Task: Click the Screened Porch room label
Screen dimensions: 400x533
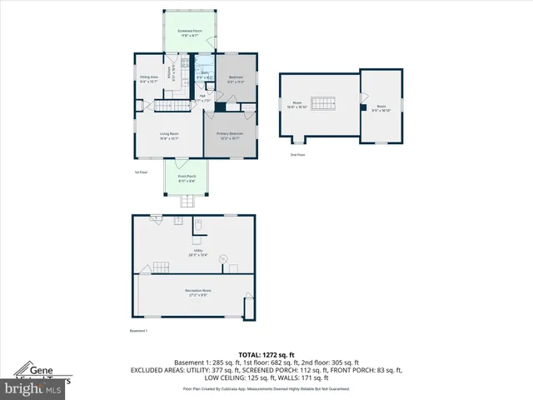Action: (x=189, y=33)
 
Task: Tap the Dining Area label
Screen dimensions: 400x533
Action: (x=149, y=79)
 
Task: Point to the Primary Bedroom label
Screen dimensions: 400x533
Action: (x=229, y=136)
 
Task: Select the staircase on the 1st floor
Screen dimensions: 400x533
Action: (x=172, y=106)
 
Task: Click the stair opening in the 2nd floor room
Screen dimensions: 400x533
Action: (x=321, y=93)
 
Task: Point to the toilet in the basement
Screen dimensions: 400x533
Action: (x=198, y=225)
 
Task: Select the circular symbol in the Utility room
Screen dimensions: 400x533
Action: (x=223, y=259)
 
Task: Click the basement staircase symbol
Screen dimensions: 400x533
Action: (x=157, y=267)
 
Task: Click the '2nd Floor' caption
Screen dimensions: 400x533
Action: (x=296, y=155)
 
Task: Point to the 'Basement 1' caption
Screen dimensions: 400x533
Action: (x=138, y=331)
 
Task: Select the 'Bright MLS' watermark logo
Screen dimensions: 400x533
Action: (x=33, y=388)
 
